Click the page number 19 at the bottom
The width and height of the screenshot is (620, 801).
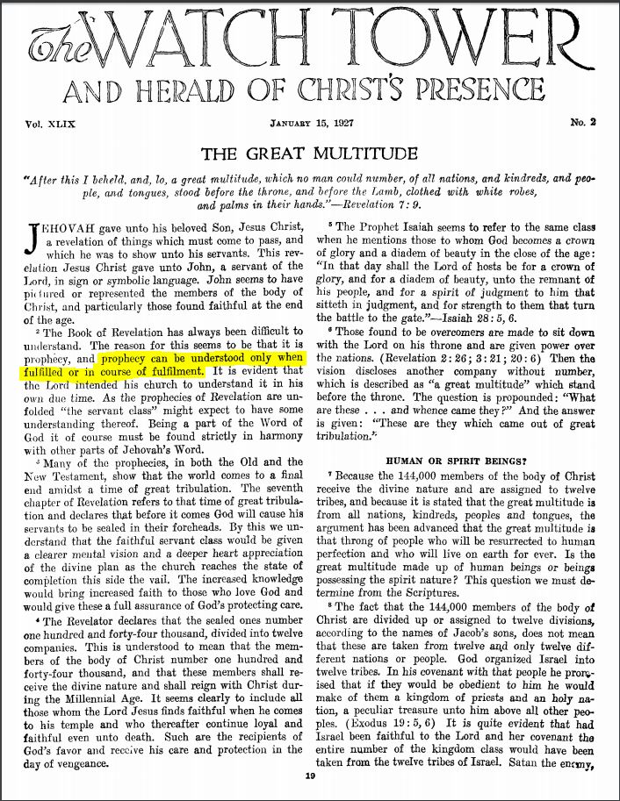310,776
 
